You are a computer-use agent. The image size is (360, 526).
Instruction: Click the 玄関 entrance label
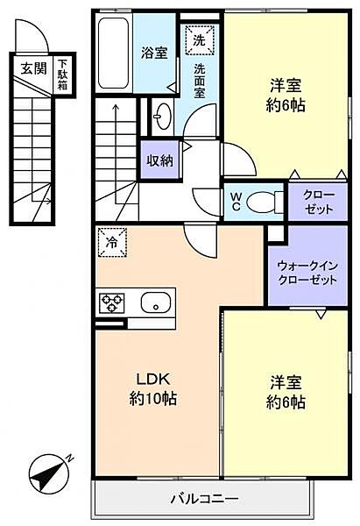coord(34,67)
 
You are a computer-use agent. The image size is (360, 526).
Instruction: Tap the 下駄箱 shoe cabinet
coord(63,74)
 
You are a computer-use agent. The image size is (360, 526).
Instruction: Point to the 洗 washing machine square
coord(199,39)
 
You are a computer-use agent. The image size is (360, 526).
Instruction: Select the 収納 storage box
coord(159,160)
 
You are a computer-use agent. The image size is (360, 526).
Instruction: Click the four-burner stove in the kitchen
coord(112,304)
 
